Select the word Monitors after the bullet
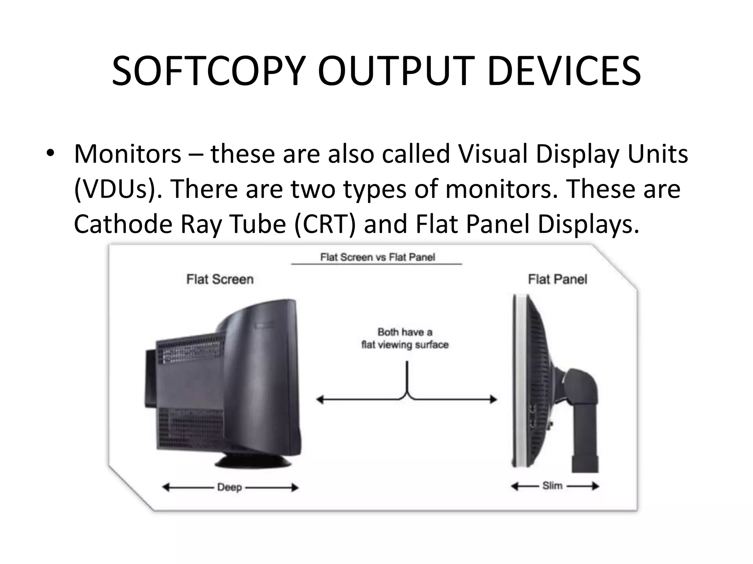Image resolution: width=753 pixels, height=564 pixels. point(128,153)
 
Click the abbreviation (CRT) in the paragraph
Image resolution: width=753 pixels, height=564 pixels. point(325,224)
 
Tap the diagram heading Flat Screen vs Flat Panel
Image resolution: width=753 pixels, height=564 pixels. point(377,257)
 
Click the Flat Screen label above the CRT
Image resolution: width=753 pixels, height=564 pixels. point(220,279)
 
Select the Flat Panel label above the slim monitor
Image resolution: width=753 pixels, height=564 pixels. point(557,279)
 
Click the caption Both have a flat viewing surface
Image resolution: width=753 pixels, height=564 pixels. point(405,338)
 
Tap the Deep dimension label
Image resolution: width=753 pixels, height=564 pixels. point(229,488)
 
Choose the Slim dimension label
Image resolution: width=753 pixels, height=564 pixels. point(552,486)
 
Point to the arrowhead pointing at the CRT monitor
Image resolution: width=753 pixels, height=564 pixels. point(320,399)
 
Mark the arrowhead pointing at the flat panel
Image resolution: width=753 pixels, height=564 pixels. point(493,399)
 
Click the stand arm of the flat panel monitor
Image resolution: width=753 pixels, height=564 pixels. point(581,404)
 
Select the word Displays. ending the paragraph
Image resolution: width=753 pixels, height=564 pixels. point(588,224)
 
